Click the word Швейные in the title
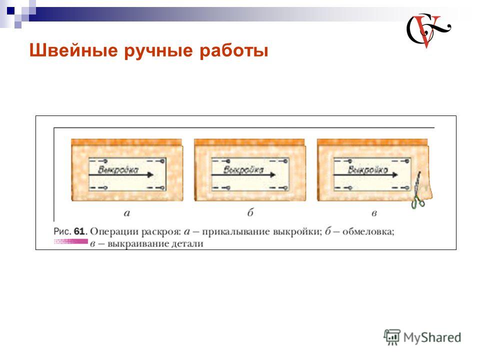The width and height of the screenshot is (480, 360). click(73, 50)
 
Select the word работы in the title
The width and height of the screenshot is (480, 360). click(233, 51)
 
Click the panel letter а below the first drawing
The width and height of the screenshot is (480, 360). click(127, 213)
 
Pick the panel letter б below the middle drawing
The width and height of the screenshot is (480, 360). click(250, 212)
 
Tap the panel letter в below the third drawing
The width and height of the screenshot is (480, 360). click(374, 213)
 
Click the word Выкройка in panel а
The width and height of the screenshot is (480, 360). click(118, 169)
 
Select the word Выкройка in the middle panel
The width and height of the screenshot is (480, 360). click(243, 169)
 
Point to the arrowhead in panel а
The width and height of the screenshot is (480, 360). click(150, 175)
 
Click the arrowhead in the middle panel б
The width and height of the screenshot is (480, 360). click(272, 175)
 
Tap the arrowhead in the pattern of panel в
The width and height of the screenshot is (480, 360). click(394, 175)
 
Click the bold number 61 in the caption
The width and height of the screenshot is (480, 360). click(79, 231)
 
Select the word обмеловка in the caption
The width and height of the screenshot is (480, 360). click(367, 231)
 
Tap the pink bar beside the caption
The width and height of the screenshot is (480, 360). click(70, 242)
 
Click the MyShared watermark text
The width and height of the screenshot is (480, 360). click(432, 337)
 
